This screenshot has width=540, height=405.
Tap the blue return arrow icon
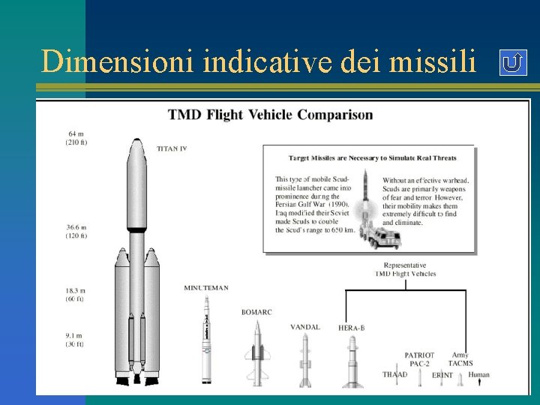coord(512,63)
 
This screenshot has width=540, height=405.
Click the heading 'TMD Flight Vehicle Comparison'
coord(270,115)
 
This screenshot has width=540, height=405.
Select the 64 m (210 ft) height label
coord(76,138)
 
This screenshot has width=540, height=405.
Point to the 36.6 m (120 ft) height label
coord(76,230)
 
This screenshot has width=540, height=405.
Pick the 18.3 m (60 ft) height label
coord(76,294)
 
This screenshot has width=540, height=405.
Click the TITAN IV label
coord(172,148)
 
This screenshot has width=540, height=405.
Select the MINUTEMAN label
coord(206,287)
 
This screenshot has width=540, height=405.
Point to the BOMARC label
coord(256,312)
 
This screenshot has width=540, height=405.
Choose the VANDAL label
coord(305,327)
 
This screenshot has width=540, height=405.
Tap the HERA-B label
coord(351,328)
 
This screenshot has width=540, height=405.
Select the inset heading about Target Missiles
coord(372,157)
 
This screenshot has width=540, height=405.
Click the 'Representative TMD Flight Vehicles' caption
coord(405,269)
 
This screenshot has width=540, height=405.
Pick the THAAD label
coord(394,374)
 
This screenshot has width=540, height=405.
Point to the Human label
coord(478,374)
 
